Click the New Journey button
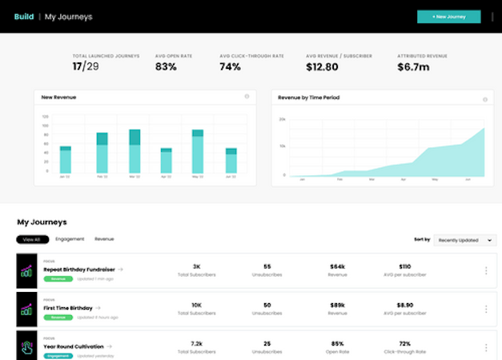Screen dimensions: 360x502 (448, 17)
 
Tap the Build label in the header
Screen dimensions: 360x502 (24, 17)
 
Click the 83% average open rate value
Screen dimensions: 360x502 (166, 67)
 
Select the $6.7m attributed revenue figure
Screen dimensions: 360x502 (413, 67)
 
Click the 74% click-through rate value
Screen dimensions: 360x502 (231, 67)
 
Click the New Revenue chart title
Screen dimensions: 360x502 (59, 98)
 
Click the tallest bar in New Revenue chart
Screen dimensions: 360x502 (197, 152)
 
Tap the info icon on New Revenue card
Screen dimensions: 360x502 (247, 97)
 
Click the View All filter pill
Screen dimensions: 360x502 (32, 239)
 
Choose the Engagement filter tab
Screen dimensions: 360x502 (70, 239)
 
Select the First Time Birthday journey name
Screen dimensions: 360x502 (68, 306)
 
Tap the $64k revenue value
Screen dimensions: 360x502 (336, 266)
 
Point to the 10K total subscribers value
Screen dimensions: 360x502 (197, 304)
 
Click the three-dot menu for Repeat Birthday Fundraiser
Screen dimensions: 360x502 (486, 270)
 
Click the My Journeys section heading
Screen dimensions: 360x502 (42, 222)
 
